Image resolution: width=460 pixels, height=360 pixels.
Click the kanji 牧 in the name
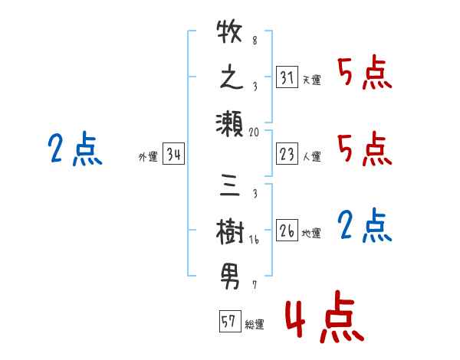click(230, 34)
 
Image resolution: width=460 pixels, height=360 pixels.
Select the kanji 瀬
click(230, 123)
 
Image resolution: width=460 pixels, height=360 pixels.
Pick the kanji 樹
click(230, 229)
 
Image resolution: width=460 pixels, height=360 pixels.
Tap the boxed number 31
click(287, 78)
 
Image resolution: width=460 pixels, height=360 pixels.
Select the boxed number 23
click(287, 155)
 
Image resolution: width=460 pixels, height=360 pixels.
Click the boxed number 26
click(287, 231)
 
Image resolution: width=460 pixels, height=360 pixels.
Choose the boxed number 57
click(228, 322)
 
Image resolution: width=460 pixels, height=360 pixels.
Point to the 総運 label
click(254, 324)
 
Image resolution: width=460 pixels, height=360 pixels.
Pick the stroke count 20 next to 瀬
click(255, 132)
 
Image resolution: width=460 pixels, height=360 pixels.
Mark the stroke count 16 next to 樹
click(254, 239)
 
